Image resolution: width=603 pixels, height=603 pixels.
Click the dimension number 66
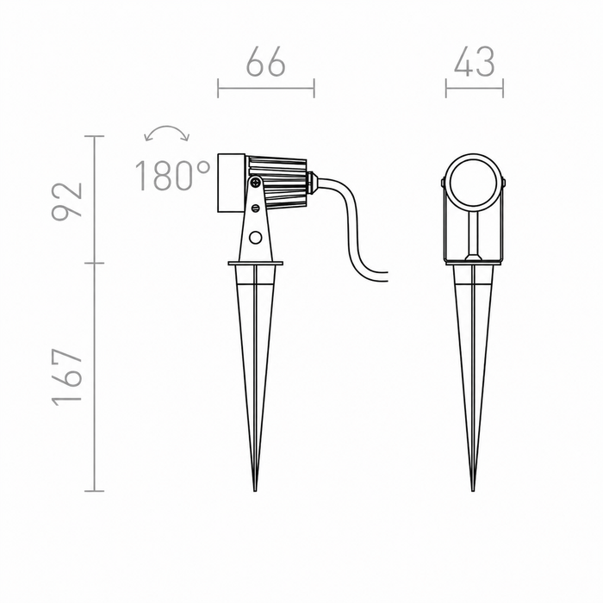pos(265,61)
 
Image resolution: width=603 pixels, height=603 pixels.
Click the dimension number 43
pos(474,61)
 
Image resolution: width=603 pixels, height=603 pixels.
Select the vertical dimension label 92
pos(67,201)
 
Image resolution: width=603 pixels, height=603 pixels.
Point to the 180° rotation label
pos(172,176)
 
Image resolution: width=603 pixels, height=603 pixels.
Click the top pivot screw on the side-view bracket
pos(255,183)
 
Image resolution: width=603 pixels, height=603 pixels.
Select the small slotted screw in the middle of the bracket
pos(255,208)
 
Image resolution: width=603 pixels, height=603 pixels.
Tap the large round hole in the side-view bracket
pos(255,237)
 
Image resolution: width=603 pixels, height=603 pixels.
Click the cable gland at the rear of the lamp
pos(312,183)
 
